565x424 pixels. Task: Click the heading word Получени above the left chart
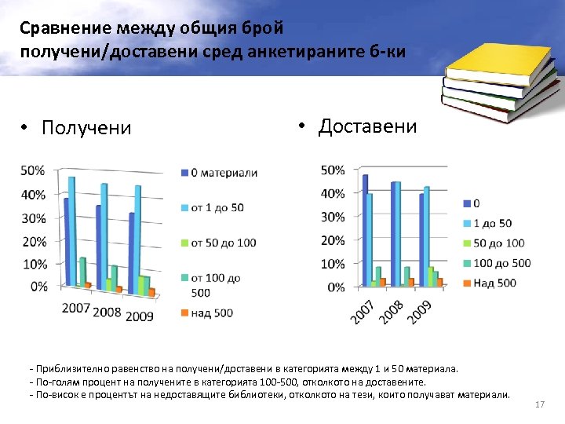click(x=86, y=127)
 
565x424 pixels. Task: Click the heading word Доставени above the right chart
click(x=367, y=126)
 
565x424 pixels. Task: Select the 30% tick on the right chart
click(x=333, y=217)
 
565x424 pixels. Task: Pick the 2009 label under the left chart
click(x=138, y=316)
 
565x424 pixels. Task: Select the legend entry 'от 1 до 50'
click(x=217, y=207)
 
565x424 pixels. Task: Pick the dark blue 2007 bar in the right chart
click(x=365, y=229)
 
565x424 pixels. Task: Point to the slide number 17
click(x=539, y=404)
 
